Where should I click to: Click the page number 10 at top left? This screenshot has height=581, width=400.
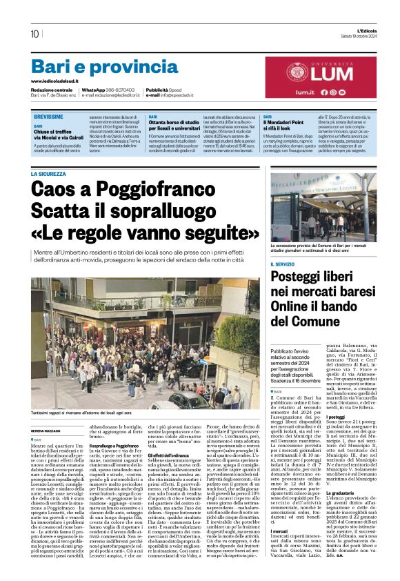tap(34, 34)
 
